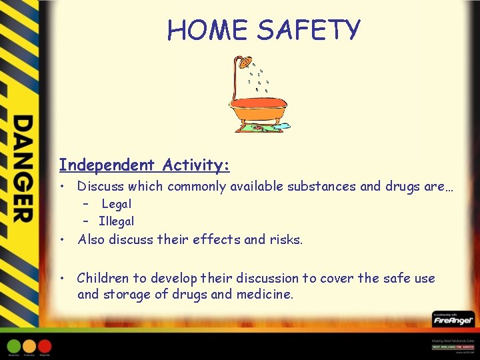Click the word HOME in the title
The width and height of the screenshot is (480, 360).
pyautogui.click(x=208, y=30)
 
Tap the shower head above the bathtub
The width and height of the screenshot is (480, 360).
pyautogui.click(x=246, y=63)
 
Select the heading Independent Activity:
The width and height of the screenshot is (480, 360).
pyautogui.click(x=144, y=164)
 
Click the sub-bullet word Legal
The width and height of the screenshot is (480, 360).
pyautogui.click(x=117, y=204)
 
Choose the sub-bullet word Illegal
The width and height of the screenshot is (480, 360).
pyautogui.click(x=116, y=221)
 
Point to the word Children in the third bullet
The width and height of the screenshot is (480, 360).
pyautogui.click(x=104, y=278)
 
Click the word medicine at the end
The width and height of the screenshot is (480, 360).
pyautogui.click(x=265, y=294)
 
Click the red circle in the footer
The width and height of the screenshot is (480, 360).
pyautogui.click(x=45, y=346)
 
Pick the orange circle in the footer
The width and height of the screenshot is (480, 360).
pyautogui.click(x=29, y=346)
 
